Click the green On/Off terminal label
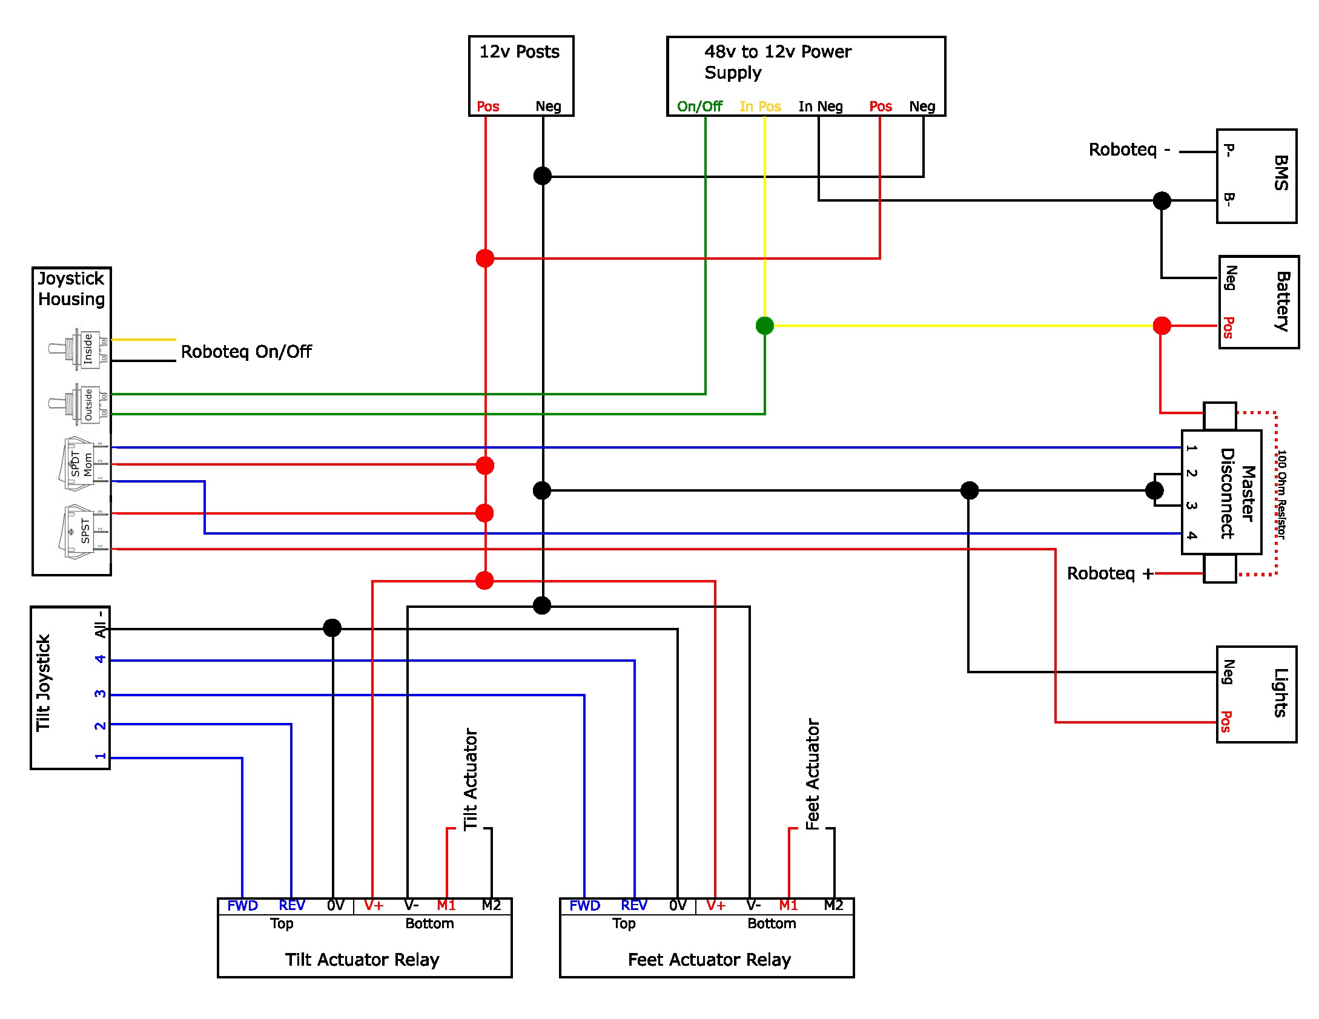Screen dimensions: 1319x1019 tap(699, 107)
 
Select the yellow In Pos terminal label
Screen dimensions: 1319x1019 tap(760, 107)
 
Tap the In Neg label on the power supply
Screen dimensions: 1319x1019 tap(821, 107)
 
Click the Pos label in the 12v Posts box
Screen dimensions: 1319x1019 tap(488, 107)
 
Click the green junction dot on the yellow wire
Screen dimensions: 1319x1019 tap(765, 326)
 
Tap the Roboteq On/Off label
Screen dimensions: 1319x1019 tap(246, 352)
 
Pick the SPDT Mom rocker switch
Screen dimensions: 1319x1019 tap(84, 464)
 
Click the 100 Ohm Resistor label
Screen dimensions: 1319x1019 tap(1281, 494)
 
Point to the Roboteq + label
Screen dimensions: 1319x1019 tap(1110, 573)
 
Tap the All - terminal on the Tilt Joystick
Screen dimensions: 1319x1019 tap(101, 624)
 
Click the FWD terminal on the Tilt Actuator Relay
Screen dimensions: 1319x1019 tap(242, 906)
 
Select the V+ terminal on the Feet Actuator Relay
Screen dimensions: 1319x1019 tap(715, 906)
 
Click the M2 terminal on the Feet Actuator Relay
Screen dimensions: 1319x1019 tap(833, 905)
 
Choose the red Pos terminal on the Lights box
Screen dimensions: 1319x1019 tap(1226, 721)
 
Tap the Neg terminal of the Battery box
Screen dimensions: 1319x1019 tap(1231, 278)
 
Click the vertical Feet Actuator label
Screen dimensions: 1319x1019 tap(812, 774)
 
